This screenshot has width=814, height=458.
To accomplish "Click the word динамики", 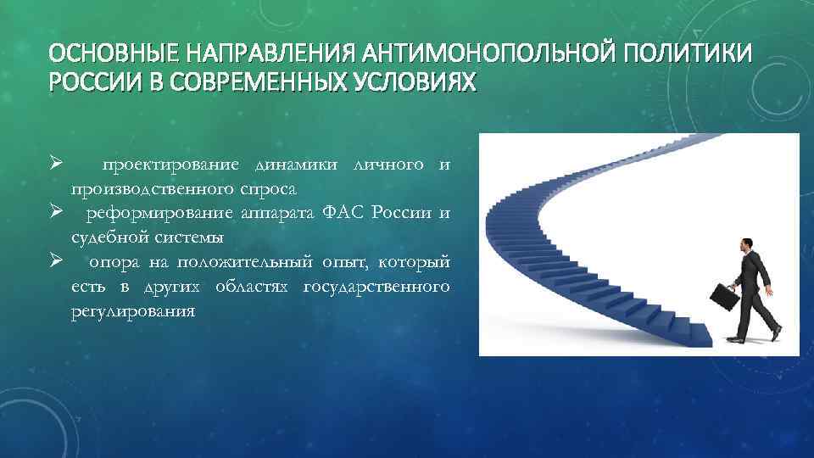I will tap(292, 164).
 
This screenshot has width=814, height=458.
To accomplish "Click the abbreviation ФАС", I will tap(342, 211).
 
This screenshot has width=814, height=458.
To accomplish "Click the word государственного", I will tap(376, 288).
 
